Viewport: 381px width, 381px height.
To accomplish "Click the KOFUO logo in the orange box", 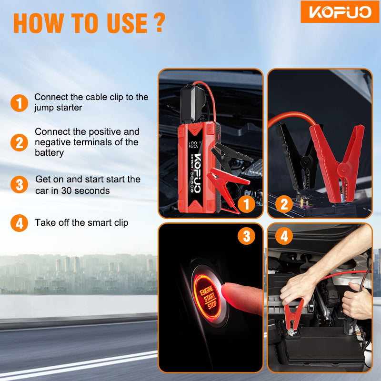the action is click(x=340, y=12).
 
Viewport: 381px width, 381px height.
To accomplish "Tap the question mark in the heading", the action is click(x=160, y=22).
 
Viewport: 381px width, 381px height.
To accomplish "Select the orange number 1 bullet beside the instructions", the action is click(x=19, y=103).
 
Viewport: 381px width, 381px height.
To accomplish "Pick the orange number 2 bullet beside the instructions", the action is click(x=19, y=142).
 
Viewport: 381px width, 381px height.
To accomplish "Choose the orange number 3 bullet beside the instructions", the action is click(x=19, y=185).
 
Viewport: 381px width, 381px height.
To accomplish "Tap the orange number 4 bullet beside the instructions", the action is click(x=19, y=223).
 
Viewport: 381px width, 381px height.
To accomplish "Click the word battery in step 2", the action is click(x=50, y=153).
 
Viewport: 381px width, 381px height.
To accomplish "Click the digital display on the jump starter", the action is click(x=195, y=144).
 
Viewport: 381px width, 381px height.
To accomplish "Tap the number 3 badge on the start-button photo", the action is click(x=246, y=236).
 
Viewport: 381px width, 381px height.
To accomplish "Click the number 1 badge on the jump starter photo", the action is click(x=246, y=204).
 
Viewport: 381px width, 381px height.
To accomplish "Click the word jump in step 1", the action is click(x=42, y=108).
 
